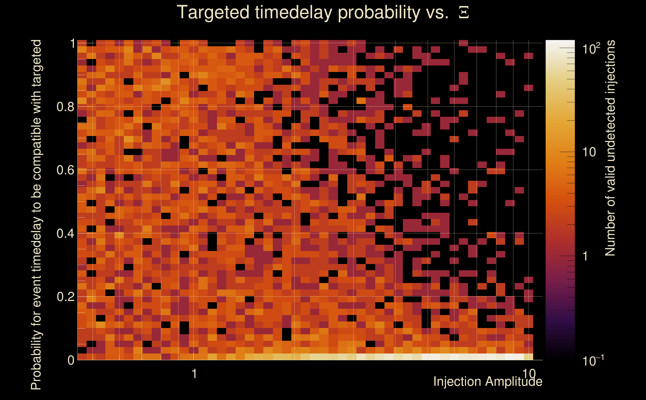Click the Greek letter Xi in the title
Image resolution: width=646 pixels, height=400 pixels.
[x=464, y=13]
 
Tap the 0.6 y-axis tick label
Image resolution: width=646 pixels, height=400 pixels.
[x=65, y=170]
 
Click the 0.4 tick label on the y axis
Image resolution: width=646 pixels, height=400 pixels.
[x=65, y=233]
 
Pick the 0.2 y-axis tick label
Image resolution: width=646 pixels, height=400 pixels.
[x=65, y=296]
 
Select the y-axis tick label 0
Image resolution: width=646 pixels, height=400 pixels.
[x=71, y=360]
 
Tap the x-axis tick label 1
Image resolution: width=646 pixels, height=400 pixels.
[x=194, y=373]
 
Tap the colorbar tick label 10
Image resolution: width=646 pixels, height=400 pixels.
[x=589, y=152]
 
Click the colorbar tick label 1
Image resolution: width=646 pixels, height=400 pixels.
[x=585, y=256]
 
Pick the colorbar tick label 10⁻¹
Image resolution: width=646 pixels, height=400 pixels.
[x=593, y=360]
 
